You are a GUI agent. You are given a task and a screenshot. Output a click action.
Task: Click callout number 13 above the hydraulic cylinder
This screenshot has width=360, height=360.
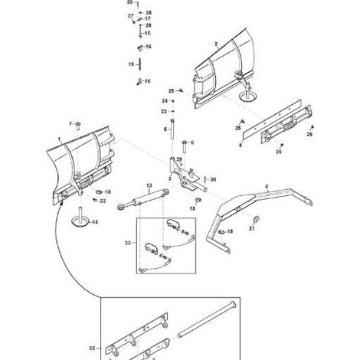coord(149,185)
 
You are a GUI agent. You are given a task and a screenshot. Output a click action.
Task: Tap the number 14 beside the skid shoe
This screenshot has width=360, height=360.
coord(95,222)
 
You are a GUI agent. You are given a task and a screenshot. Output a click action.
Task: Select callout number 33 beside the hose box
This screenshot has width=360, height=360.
coord(128,243)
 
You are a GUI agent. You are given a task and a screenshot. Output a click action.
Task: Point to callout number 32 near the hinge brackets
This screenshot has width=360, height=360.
coord(92,348)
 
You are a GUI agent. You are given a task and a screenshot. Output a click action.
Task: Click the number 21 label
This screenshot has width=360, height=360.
coord(252,228)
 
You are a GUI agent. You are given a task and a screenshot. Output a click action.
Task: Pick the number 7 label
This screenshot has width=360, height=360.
coord(70,124)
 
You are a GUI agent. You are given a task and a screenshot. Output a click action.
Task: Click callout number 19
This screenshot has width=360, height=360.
coord(131,64)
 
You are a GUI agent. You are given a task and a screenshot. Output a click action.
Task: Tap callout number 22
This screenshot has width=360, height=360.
coord(103,201)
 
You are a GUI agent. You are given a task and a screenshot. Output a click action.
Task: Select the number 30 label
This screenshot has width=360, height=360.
coord(213,179)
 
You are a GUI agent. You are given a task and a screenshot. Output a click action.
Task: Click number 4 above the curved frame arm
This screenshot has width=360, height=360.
coord(267,187)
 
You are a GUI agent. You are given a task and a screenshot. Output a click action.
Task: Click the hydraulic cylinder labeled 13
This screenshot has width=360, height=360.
coord(143,199)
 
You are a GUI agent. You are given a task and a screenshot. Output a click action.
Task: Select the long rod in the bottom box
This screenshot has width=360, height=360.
coord(207,319)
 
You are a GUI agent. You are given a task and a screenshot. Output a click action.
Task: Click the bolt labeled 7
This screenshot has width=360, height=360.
coord(78,126)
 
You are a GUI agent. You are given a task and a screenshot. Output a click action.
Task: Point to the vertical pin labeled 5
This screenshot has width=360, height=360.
coord(172,129)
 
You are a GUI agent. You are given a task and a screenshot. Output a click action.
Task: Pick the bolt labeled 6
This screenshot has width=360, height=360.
coord(185,146)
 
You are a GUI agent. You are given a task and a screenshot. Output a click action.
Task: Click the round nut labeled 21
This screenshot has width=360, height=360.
coord(256,219)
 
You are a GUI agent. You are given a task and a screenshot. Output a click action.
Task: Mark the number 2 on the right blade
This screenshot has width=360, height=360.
coord(216,44)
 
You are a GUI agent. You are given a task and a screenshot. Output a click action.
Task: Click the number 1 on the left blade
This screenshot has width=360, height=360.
coord(59,139)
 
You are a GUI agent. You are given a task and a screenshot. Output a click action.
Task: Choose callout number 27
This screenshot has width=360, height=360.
coord(130,16)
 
